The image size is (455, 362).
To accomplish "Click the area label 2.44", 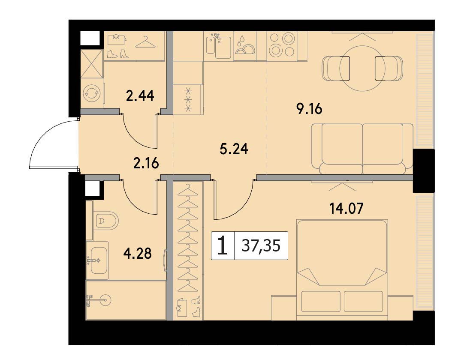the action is [x=140, y=96].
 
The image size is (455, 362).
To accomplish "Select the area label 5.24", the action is [x=234, y=149].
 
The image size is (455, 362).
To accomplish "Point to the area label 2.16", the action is [x=146, y=164].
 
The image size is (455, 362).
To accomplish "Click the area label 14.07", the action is [x=347, y=208].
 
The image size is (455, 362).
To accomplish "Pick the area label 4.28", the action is [x=137, y=253].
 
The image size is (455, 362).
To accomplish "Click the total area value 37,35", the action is [x=261, y=246].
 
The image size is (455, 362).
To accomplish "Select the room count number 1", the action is [x=223, y=245].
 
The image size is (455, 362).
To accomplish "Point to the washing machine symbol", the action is [x=91, y=93].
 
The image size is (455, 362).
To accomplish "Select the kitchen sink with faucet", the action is [x=219, y=45].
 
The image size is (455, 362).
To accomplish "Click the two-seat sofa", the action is [x=362, y=149].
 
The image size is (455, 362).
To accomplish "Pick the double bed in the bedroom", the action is [x=342, y=269].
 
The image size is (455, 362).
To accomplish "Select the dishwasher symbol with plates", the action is [x=245, y=45].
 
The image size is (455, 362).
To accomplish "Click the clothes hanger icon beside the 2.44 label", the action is [x=145, y=42].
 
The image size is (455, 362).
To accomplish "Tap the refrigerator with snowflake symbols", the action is [x=187, y=99].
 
